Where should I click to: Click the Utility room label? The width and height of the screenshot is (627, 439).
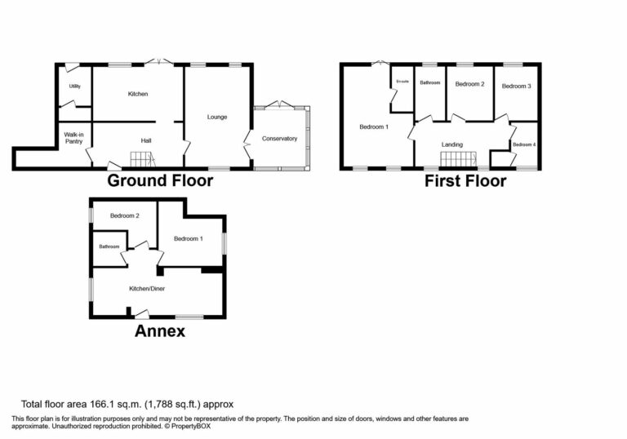click(x=73, y=86)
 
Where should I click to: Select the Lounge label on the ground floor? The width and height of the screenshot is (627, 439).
click(x=217, y=117)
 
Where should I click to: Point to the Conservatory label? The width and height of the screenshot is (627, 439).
click(x=279, y=139)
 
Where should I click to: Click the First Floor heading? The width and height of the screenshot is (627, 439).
click(x=465, y=181)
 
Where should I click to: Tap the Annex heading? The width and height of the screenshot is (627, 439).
click(x=160, y=330)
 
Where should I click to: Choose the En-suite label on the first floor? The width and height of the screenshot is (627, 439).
click(x=402, y=81)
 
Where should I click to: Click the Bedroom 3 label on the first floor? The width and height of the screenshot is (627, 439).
click(x=517, y=86)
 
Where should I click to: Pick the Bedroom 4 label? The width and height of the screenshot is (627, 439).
click(x=524, y=144)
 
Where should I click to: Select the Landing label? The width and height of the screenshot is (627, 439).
click(x=452, y=144)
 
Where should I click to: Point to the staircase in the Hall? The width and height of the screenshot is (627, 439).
click(x=144, y=161)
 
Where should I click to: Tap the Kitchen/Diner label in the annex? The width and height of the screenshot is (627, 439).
click(x=147, y=289)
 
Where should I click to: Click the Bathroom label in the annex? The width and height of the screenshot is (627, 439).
click(x=109, y=246)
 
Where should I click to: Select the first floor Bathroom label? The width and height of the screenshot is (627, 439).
click(x=429, y=82)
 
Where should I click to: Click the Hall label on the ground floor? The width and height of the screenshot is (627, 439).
click(x=146, y=141)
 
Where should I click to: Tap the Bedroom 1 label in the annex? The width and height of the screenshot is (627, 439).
click(x=188, y=238)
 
